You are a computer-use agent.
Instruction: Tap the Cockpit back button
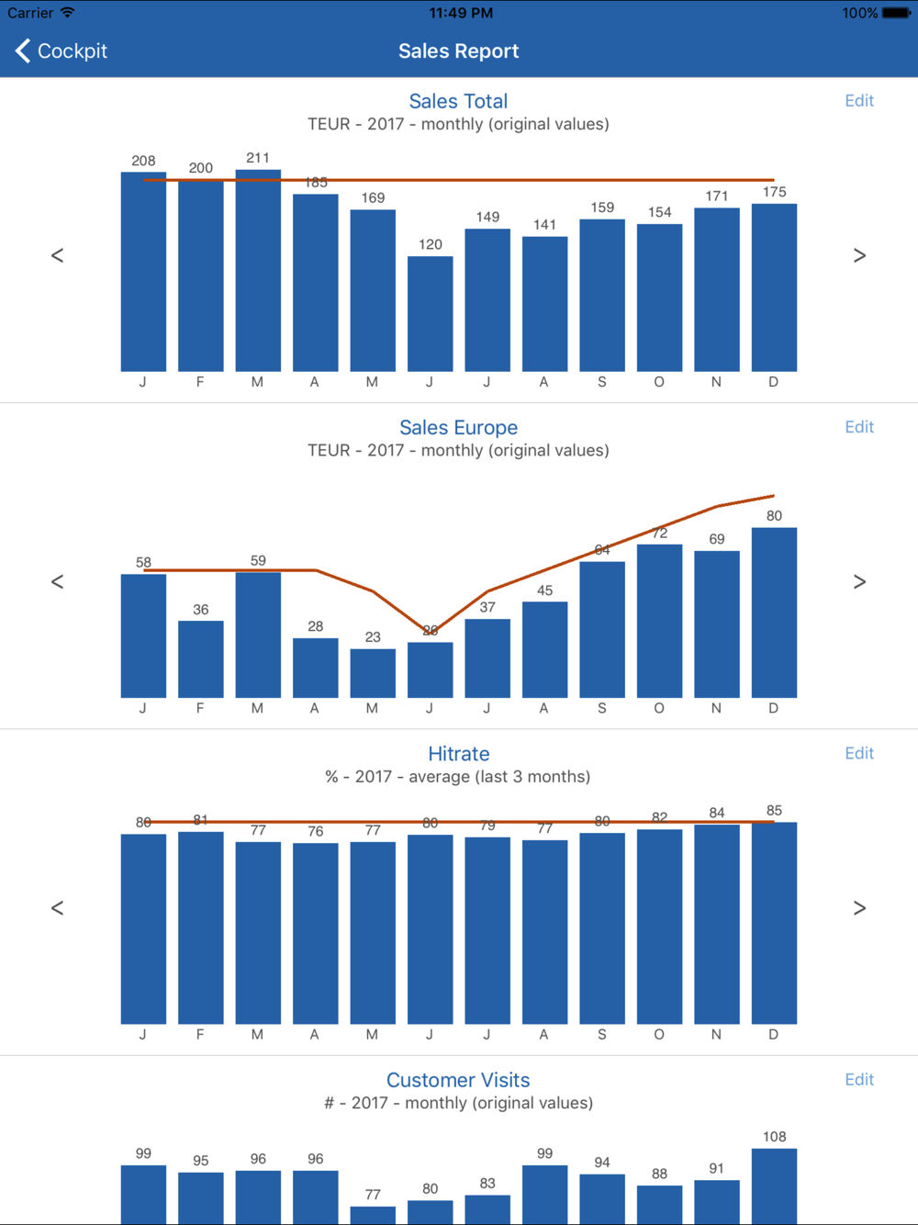(x=62, y=51)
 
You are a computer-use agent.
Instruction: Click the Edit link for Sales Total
(x=859, y=101)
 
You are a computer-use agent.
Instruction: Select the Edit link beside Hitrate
(x=859, y=753)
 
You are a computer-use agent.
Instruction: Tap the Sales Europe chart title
(x=458, y=427)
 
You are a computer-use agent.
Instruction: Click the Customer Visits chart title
(x=458, y=1080)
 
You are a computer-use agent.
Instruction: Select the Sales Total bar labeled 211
(x=258, y=271)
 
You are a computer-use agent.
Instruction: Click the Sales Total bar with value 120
(x=431, y=314)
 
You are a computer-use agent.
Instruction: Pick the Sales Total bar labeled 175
(x=774, y=287)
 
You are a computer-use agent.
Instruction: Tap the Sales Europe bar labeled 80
(x=774, y=612)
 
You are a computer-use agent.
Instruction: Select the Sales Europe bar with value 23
(x=373, y=673)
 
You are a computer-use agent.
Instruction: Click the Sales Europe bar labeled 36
(x=201, y=659)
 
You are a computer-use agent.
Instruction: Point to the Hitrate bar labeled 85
(x=774, y=923)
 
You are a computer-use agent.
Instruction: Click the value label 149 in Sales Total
(x=487, y=217)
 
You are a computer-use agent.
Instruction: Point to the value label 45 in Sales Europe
(x=545, y=590)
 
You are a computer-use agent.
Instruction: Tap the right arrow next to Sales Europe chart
(x=859, y=582)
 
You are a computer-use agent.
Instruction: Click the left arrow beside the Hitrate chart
(x=57, y=908)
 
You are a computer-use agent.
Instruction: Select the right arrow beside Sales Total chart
(x=859, y=255)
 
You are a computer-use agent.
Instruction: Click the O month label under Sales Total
(x=659, y=382)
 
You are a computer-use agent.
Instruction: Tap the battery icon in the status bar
(x=896, y=13)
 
